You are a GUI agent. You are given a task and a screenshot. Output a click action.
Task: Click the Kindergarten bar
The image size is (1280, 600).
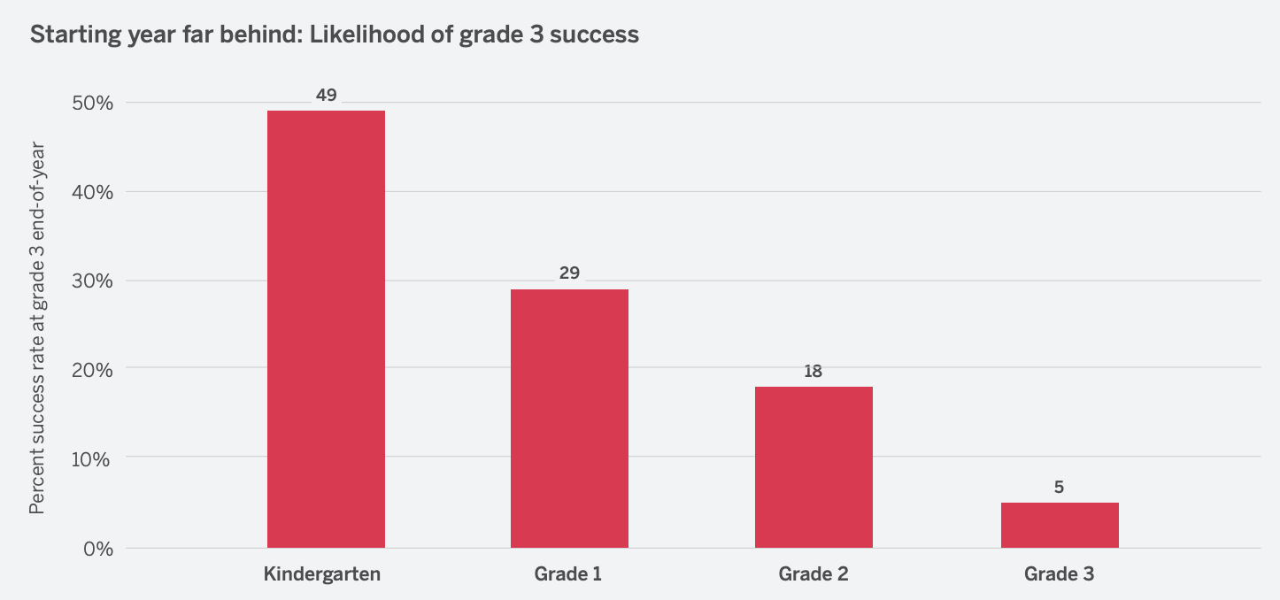pos(326,328)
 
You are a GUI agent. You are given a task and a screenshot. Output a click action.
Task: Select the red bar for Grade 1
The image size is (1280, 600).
pos(569,418)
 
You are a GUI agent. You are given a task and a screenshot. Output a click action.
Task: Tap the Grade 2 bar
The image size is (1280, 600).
pos(813,466)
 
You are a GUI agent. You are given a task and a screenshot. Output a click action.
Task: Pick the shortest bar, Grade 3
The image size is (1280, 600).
pos(1059,525)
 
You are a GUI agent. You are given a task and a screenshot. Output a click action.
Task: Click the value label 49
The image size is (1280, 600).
pos(326,95)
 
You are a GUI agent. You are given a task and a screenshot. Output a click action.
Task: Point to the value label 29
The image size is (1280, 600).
pos(569,273)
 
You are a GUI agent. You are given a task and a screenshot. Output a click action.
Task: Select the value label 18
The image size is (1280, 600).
pos(813,371)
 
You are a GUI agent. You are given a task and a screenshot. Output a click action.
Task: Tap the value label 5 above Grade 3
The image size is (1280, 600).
pos(1059,487)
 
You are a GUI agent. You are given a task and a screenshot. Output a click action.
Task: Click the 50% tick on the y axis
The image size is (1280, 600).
pos(92,103)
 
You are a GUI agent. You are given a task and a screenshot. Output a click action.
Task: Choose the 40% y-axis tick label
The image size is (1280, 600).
pos(92,192)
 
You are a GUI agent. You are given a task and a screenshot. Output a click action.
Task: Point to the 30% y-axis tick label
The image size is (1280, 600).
pos(92,281)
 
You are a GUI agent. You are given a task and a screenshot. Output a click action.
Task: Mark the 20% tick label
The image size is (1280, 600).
pos(92,370)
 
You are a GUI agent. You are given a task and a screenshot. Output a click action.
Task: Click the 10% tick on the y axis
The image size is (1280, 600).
pos(92,459)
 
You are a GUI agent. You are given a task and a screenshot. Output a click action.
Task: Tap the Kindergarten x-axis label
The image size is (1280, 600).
pos(322,573)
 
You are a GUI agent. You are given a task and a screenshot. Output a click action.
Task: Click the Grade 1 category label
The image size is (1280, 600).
pos(568,573)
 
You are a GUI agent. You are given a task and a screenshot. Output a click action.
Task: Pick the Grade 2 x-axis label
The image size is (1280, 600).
pos(813,573)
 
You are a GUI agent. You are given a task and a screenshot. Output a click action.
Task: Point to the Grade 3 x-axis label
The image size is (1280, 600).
pos(1059,573)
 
